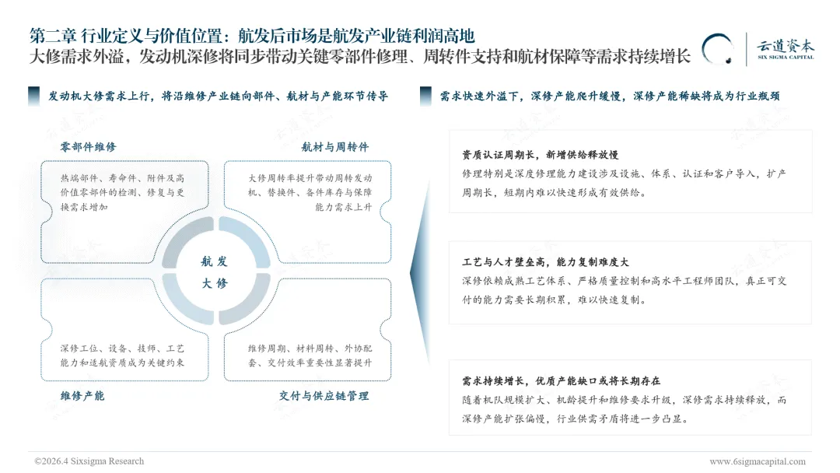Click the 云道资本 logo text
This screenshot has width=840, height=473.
(x=786, y=44)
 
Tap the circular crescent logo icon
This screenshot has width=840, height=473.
(x=717, y=49)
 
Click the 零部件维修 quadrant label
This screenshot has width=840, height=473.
(x=88, y=146)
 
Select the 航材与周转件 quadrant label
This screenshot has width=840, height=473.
(x=334, y=146)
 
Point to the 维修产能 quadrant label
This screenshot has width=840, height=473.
(x=82, y=395)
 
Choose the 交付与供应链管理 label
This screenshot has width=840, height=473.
(x=324, y=395)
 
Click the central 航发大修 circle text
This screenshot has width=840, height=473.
(x=214, y=272)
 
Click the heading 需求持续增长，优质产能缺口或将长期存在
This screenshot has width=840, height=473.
(x=561, y=381)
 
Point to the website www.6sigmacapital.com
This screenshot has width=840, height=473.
(x=757, y=461)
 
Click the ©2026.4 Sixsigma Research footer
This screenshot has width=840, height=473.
(x=89, y=461)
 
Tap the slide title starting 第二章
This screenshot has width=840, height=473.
(x=251, y=36)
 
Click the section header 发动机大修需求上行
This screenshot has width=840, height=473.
(x=218, y=96)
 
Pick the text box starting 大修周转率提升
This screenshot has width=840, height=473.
(x=310, y=192)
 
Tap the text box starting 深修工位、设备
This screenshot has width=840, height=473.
(x=122, y=355)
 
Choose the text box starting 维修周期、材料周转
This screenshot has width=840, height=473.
(x=310, y=355)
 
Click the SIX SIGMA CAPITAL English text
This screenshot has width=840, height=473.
(x=786, y=58)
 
